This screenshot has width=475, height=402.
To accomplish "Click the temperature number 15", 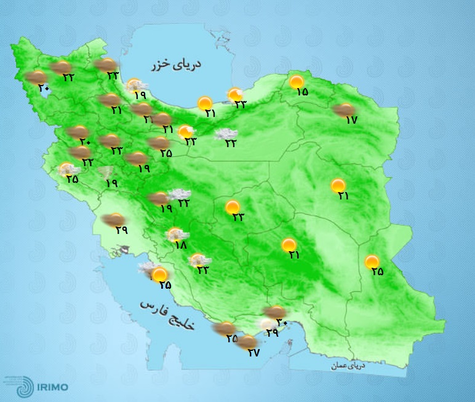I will tap(301, 92).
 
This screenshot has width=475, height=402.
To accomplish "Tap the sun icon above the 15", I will tap(297, 81).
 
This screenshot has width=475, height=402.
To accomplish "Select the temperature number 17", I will tap(351, 121).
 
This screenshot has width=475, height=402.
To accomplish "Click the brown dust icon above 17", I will tap(340, 110).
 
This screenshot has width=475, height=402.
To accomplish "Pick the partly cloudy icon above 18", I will tap(177, 234).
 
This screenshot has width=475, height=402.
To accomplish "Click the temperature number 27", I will tap(253, 353).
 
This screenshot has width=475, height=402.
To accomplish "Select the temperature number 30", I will tap(282, 322).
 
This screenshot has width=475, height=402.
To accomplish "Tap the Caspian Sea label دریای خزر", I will tap(178, 64).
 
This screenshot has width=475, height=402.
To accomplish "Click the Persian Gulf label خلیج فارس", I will tap(166, 315).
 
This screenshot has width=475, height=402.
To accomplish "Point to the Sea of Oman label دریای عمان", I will tap(347, 366).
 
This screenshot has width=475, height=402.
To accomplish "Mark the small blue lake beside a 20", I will tap(47, 90).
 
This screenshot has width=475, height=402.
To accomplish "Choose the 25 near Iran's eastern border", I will tap(377, 271).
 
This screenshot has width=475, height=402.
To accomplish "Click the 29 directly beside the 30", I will tap(271, 332).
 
